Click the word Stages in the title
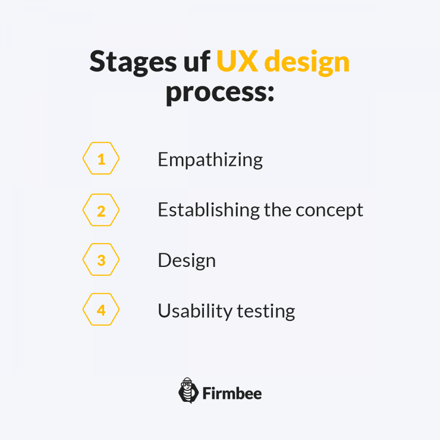[x=133, y=62]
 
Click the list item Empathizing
[x=210, y=160]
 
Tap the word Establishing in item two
[x=209, y=210]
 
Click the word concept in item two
[x=330, y=211]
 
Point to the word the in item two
[x=278, y=210]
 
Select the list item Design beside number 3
[x=187, y=261]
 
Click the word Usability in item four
[x=195, y=311]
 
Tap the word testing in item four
[x=266, y=312]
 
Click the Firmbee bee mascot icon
[x=188, y=390]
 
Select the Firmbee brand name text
[x=232, y=393]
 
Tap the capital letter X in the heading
[x=247, y=61]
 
